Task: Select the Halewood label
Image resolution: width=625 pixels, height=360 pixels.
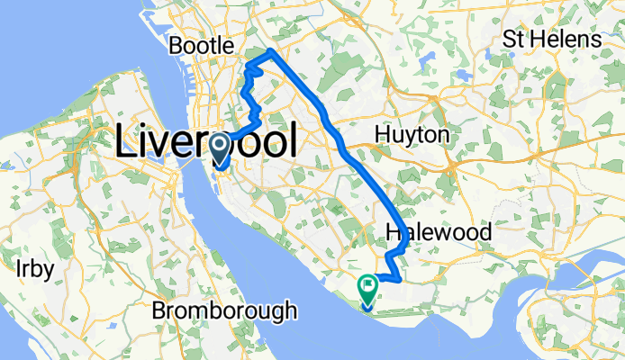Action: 439,233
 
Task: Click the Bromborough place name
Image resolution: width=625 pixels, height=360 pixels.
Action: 224,311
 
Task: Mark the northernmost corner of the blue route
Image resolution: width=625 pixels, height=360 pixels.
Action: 271,50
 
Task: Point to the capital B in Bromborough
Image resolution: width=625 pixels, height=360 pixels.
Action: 159,311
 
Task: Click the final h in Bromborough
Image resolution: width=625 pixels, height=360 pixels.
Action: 290,311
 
